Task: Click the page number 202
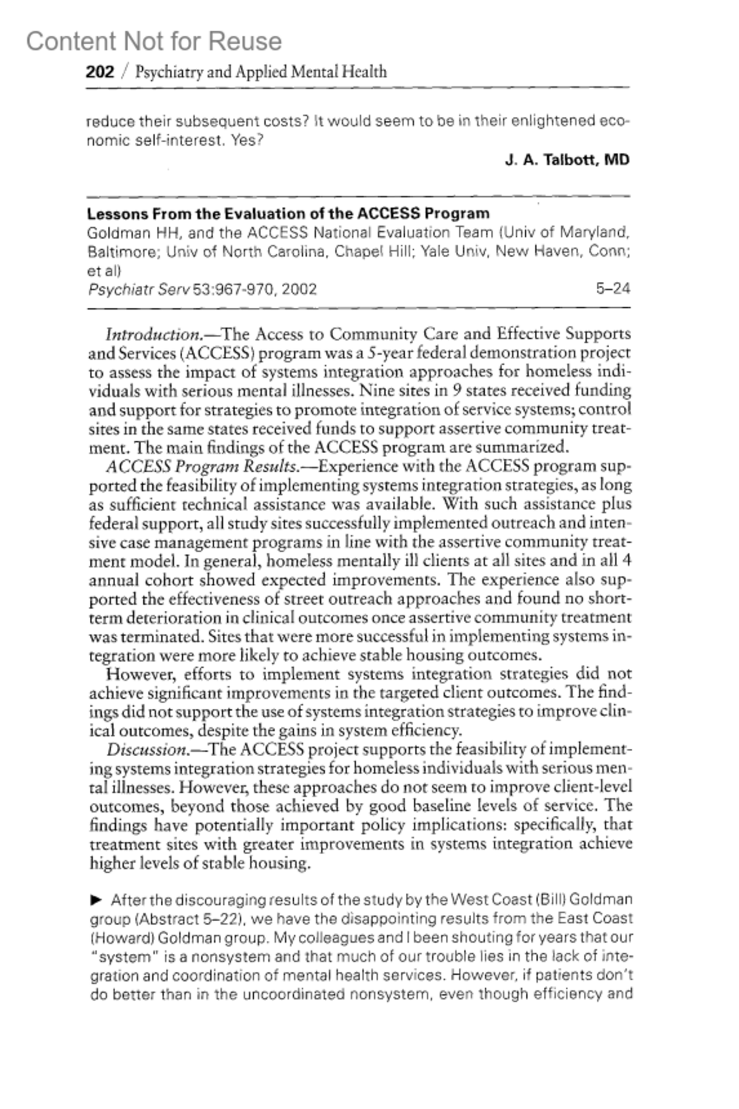point(100,72)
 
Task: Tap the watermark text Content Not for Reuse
point(154,41)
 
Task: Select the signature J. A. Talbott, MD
point(567,160)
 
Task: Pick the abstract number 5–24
point(613,288)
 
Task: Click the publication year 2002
point(299,289)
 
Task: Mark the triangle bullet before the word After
point(96,900)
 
